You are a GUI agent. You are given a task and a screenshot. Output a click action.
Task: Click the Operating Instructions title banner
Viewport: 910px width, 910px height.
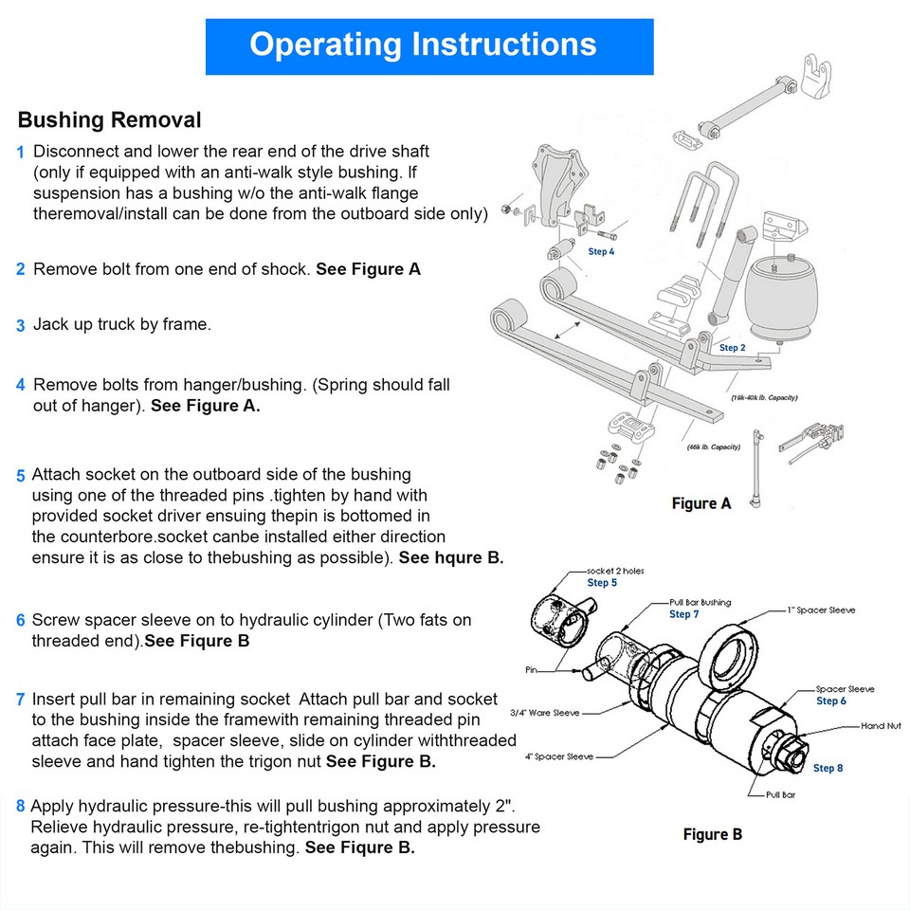point(429,45)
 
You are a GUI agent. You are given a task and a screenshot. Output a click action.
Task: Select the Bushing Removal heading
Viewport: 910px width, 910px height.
point(109,120)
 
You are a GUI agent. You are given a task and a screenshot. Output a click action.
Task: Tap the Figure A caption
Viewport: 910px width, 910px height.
point(701,503)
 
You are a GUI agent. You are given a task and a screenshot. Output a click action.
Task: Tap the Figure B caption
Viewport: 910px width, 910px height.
point(712,834)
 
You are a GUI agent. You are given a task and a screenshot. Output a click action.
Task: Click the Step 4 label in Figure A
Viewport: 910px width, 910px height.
point(601,252)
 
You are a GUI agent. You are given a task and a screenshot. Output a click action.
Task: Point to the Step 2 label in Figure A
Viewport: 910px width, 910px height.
point(732,348)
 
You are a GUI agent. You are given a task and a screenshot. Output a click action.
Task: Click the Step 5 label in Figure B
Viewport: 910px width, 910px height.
point(602,583)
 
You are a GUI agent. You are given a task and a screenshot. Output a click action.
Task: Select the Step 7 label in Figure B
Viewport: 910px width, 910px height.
point(683,614)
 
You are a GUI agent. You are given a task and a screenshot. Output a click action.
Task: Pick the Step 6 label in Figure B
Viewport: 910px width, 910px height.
point(831,701)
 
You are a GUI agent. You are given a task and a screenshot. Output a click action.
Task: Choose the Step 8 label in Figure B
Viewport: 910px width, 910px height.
point(828,768)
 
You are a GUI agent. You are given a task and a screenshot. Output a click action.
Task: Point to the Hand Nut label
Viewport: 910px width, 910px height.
point(880,726)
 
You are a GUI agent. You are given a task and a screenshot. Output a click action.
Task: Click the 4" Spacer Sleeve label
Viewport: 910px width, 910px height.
point(559,756)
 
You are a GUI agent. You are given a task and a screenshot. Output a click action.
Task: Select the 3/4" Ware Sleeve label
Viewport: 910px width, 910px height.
point(544,712)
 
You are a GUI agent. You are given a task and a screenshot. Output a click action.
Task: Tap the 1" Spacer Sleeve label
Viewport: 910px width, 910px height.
point(821,610)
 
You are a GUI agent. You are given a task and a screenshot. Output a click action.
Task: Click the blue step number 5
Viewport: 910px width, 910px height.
point(21,476)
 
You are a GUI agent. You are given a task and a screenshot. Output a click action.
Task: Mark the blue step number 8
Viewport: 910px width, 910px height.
point(20,808)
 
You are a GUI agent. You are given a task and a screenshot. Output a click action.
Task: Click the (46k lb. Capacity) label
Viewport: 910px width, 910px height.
point(713,446)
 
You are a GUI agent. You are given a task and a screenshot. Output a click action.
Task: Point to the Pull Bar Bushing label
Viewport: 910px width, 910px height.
point(700,602)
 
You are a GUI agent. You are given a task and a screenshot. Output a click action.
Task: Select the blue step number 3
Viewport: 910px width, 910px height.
point(20,326)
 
